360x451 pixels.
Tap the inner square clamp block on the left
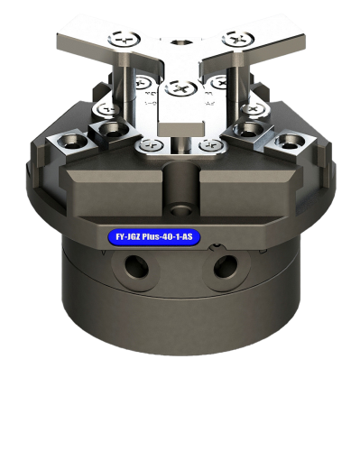(110, 133)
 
